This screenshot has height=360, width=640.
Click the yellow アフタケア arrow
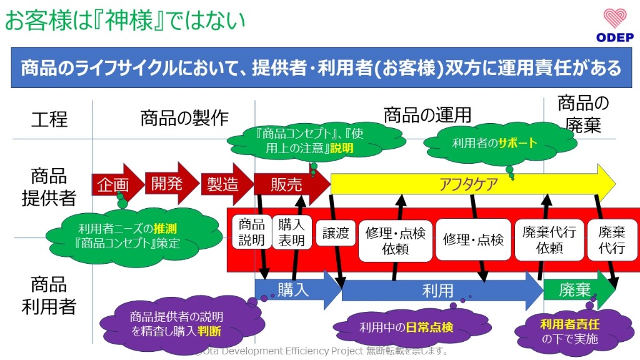469,184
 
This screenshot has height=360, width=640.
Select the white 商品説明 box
252,232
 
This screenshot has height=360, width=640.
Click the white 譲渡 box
336,233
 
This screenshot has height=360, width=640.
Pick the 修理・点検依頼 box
395,240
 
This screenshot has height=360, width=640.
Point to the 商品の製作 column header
184,117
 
